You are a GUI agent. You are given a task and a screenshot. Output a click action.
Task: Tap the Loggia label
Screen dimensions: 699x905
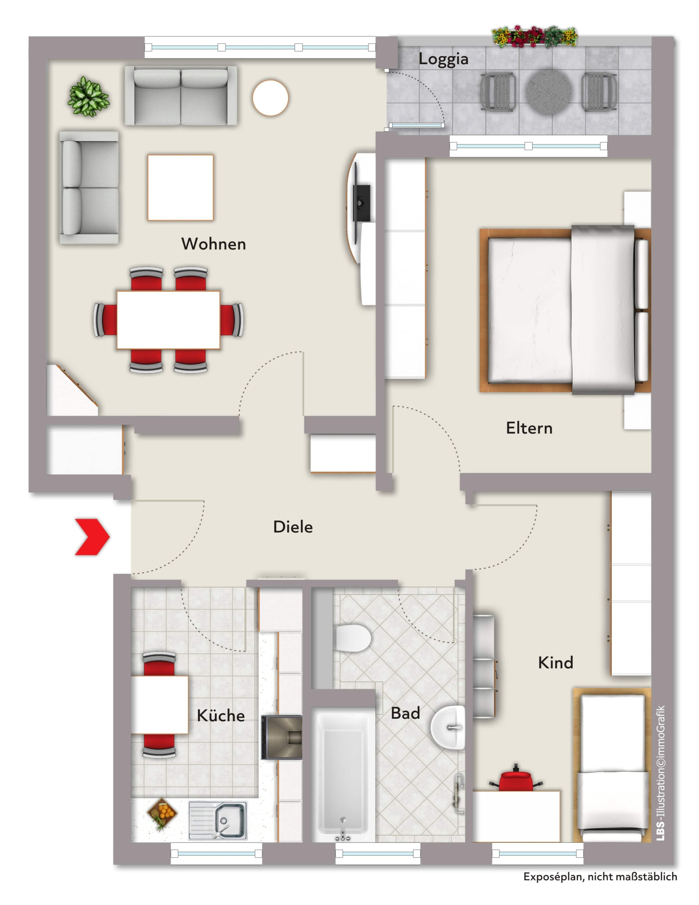pyautogui.click(x=444, y=59)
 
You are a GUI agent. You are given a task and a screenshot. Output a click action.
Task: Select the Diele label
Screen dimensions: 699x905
pyautogui.click(x=293, y=527)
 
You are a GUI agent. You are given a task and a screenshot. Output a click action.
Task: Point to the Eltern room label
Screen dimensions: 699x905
pyautogui.click(x=529, y=428)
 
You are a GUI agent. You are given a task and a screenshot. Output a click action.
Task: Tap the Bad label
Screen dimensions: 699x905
pyautogui.click(x=405, y=713)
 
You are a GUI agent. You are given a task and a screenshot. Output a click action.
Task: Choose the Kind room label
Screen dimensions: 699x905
pyautogui.click(x=556, y=663)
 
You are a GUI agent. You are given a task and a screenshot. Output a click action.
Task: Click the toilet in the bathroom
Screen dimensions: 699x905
pyautogui.click(x=352, y=638)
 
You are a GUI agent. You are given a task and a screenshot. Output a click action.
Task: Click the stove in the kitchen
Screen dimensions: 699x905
pyautogui.click(x=282, y=737)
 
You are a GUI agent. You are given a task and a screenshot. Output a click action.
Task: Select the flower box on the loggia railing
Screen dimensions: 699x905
pyautogui.click(x=534, y=37)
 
